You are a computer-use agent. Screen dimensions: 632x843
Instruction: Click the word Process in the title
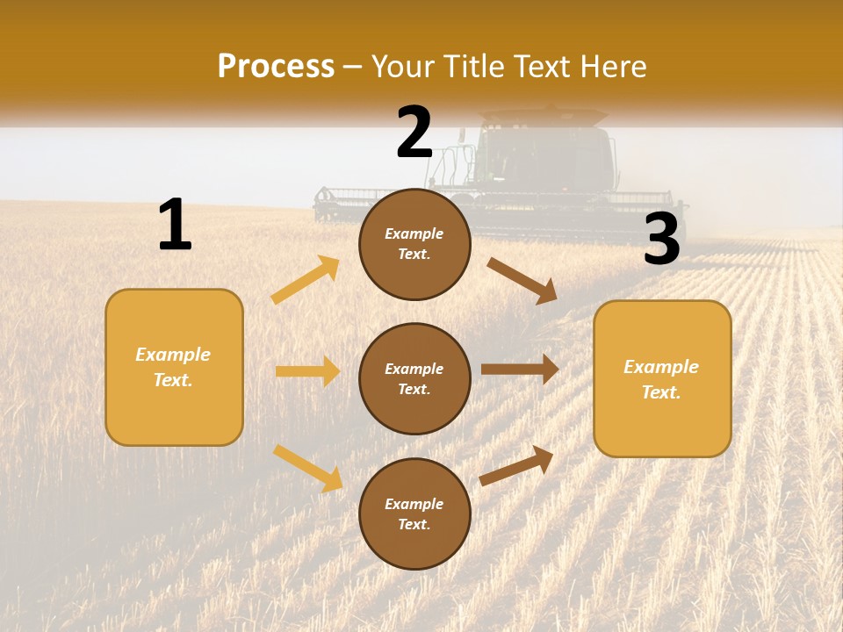[x=276, y=66]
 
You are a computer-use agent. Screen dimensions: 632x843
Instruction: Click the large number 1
[x=175, y=225]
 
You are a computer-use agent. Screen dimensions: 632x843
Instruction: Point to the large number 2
[x=414, y=133]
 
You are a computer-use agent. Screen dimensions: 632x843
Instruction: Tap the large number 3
[x=662, y=240]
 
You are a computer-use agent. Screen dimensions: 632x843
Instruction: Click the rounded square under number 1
[x=174, y=367]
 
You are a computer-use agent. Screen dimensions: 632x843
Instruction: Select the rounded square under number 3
[x=662, y=378]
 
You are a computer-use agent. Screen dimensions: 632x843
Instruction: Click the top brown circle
[x=414, y=244]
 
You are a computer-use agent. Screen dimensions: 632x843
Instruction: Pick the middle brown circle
[x=414, y=378]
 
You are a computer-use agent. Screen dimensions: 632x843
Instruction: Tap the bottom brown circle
[x=414, y=513]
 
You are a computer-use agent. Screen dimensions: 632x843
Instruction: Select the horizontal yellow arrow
[x=307, y=371]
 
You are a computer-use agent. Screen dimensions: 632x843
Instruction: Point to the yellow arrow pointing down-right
[x=307, y=467]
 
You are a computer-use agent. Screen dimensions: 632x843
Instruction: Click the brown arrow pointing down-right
[x=522, y=280]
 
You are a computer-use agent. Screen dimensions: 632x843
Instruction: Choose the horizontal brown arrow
[x=520, y=370]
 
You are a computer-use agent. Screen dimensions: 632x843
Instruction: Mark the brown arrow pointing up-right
[x=517, y=465]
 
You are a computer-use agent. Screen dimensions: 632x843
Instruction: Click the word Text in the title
[x=541, y=66]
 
